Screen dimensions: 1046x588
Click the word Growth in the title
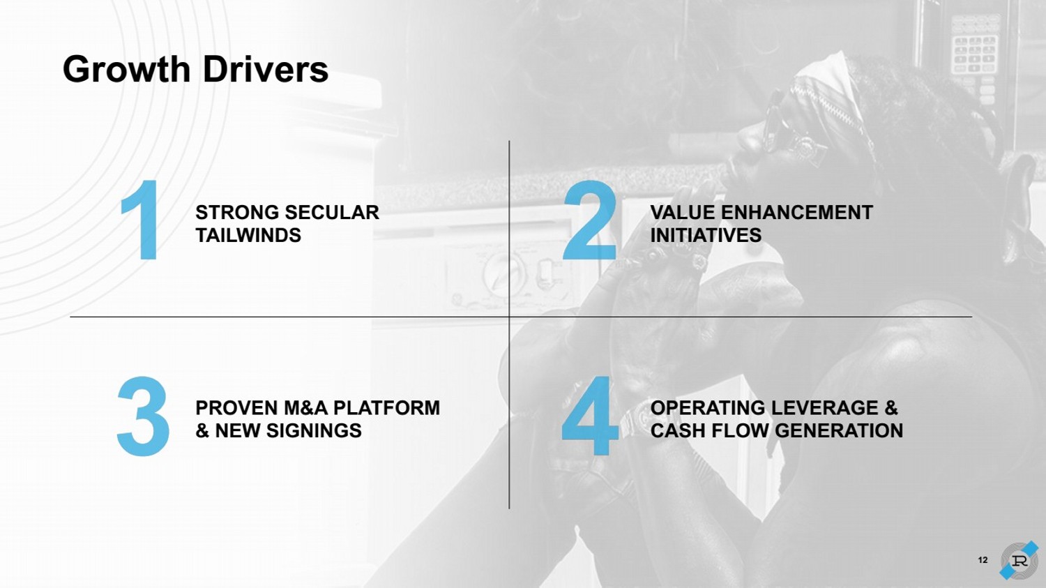(126, 69)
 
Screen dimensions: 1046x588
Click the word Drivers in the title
(265, 69)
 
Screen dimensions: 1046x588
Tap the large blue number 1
(141, 220)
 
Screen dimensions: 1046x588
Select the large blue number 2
(590, 220)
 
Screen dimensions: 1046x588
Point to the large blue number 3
(143, 416)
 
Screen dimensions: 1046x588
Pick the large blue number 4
(590, 416)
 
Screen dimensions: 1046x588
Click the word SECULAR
(332, 213)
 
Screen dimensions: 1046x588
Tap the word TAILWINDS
(248, 235)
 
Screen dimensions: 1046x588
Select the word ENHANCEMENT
(796, 213)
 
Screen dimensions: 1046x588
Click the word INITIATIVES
(706, 235)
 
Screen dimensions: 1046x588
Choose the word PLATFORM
(386, 408)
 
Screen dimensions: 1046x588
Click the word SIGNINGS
(314, 430)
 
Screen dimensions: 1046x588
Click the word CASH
(674, 430)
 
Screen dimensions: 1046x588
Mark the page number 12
(983, 560)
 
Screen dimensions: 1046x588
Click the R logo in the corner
(1018, 560)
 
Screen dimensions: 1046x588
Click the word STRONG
(237, 213)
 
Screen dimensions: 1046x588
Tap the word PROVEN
(237, 408)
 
